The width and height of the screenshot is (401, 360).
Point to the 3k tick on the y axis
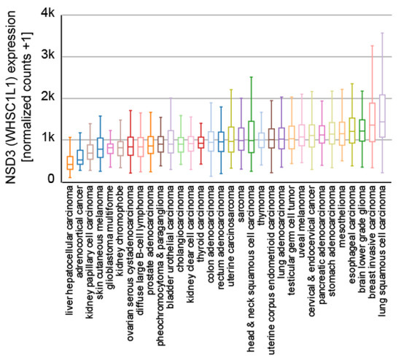click(x=44, y=55)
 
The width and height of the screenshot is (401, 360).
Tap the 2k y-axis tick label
click(x=44, y=97)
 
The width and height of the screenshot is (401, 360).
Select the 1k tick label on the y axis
click(x=44, y=138)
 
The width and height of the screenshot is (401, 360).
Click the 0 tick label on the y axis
click(x=49, y=179)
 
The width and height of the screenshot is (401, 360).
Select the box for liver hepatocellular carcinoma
click(x=70, y=162)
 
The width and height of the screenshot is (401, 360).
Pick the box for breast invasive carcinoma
click(x=372, y=122)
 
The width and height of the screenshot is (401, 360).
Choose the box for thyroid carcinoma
click(x=201, y=142)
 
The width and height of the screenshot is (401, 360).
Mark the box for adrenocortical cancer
click(x=80, y=157)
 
